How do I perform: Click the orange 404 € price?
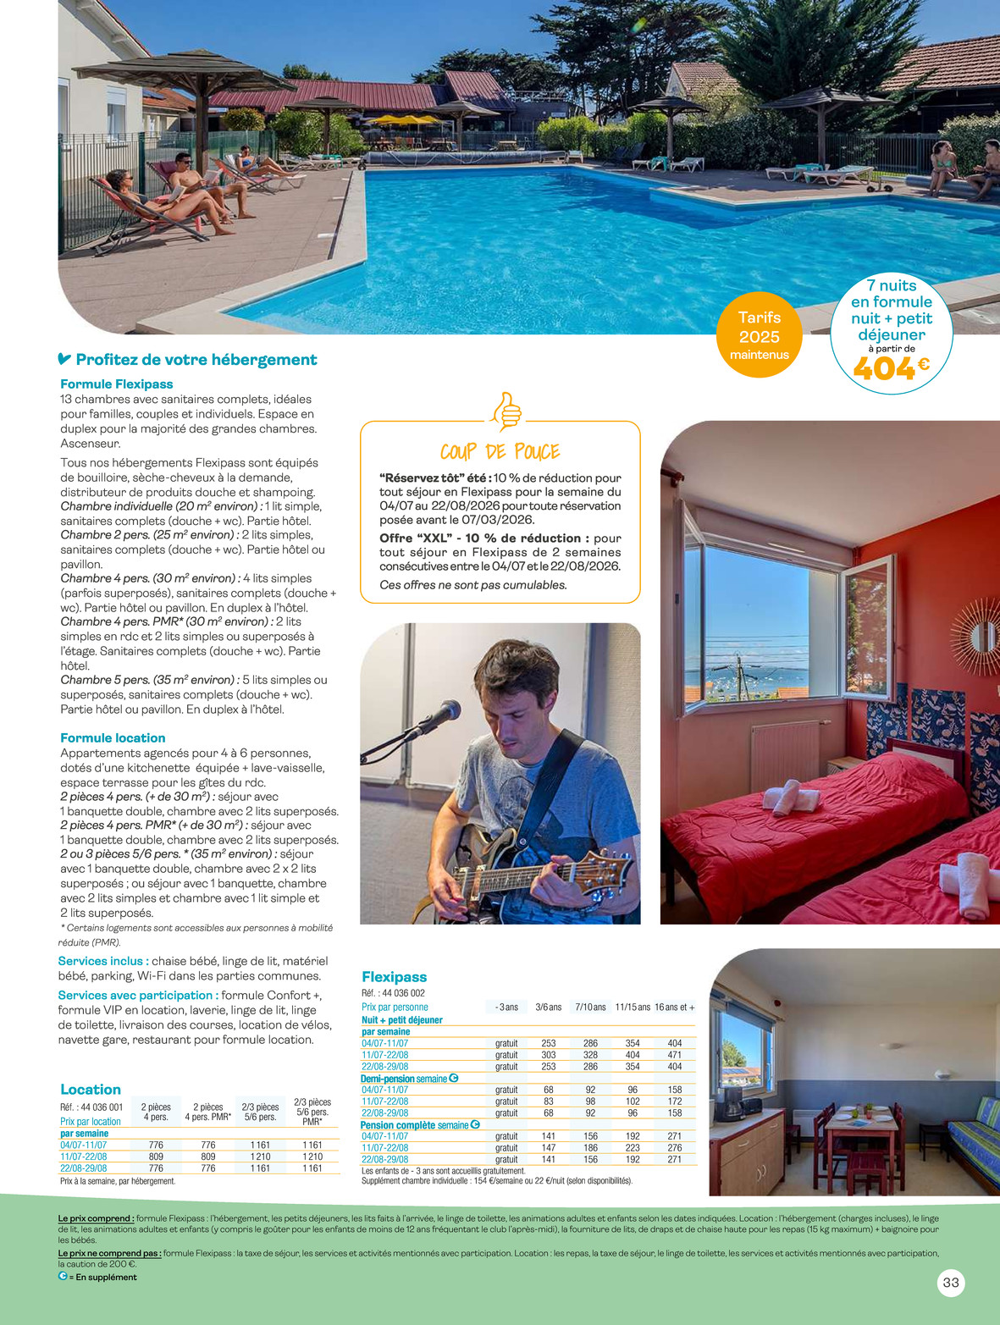(x=890, y=368)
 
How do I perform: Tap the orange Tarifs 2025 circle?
(x=759, y=335)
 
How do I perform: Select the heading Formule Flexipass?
(x=117, y=384)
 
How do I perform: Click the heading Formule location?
(x=113, y=738)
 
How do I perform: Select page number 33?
(x=951, y=1283)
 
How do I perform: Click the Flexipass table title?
(x=394, y=977)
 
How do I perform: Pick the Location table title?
(x=91, y=1090)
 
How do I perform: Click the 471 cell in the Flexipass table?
(x=674, y=1055)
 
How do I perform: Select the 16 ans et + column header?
(x=674, y=1007)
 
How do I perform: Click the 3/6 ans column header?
(x=549, y=1007)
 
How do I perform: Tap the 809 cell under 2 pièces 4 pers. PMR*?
(x=208, y=1157)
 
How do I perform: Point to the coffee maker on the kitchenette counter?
(x=733, y=1101)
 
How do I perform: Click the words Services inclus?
(x=103, y=961)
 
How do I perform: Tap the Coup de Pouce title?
(x=500, y=451)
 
